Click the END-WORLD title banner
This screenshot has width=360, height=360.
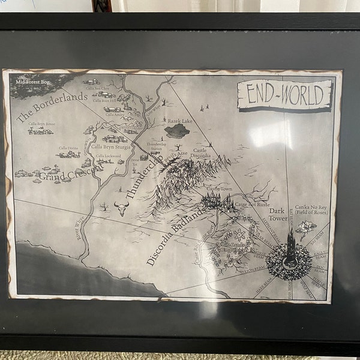click(x=284, y=95)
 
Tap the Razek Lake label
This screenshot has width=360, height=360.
click(x=178, y=120)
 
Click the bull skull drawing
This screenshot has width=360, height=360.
click(x=122, y=208)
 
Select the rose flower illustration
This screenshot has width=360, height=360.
click(x=307, y=227)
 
